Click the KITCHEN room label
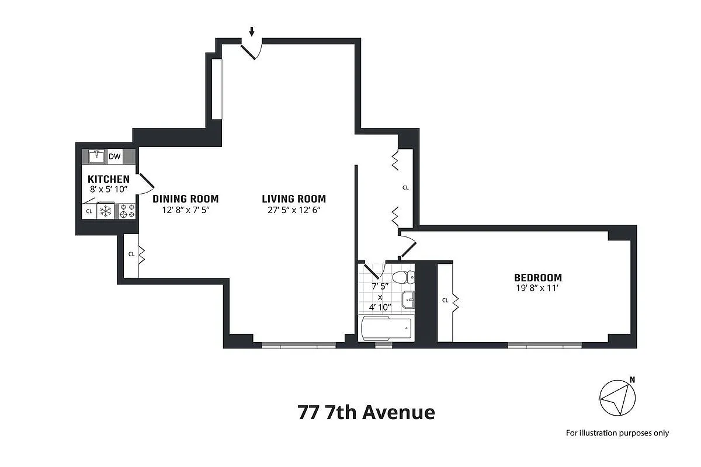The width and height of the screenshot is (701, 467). click(x=109, y=179)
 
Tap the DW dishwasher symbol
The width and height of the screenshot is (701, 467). click(x=114, y=156)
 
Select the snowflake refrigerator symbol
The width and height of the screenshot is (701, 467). click(x=106, y=211)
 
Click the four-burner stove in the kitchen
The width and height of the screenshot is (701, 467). click(x=127, y=211)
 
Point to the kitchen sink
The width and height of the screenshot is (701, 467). click(x=97, y=156)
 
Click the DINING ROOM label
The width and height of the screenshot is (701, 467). click(x=186, y=198)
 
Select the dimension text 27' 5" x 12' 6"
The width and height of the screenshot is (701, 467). click(x=294, y=210)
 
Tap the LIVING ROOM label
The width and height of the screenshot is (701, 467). click(x=294, y=198)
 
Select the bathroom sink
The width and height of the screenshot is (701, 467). click(x=410, y=299)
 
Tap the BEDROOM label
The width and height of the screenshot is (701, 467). click(x=537, y=278)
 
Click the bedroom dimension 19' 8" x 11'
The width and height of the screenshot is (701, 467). click(x=537, y=288)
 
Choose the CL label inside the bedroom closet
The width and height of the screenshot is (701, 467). click(x=445, y=301)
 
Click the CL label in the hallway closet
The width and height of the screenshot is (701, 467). click(x=405, y=188)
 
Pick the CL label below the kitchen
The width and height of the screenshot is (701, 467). click(x=131, y=255)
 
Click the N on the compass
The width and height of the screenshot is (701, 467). click(x=632, y=380)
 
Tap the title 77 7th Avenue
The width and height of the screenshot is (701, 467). click(x=366, y=413)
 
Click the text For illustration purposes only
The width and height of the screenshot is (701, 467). click(x=617, y=433)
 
